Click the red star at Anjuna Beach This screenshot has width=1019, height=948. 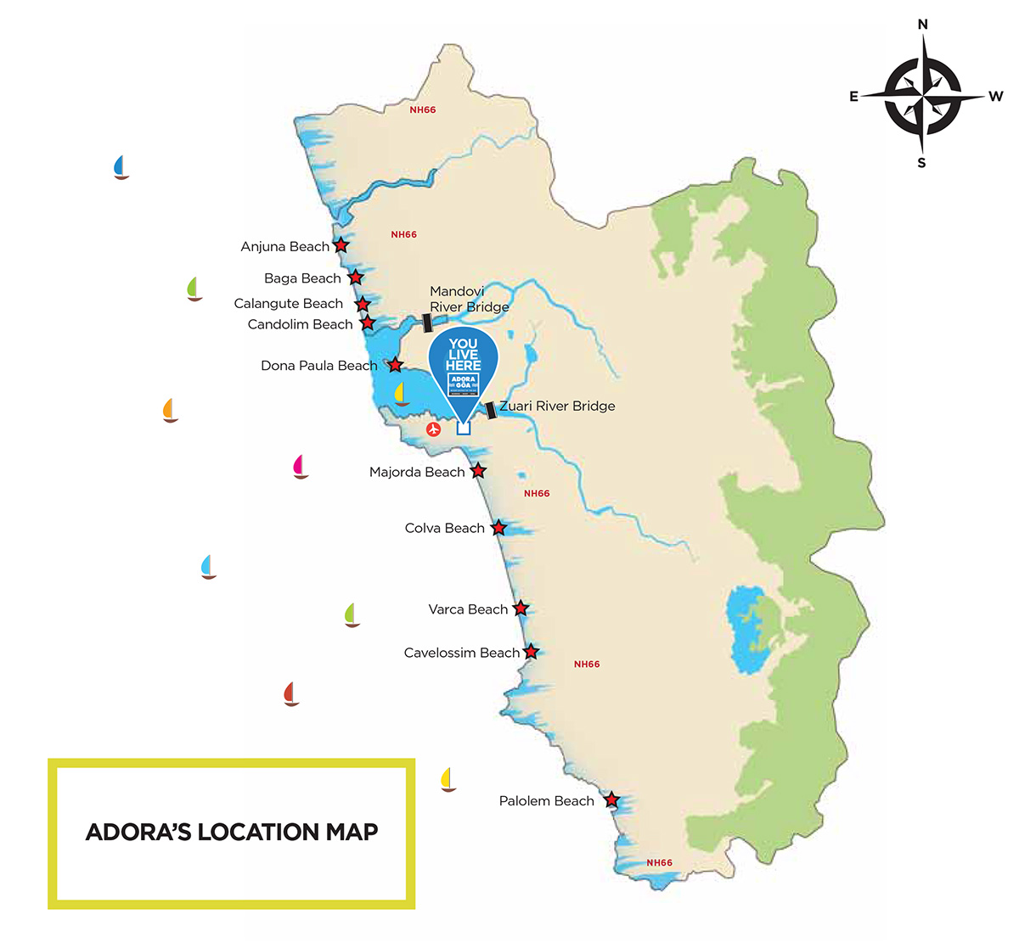341,245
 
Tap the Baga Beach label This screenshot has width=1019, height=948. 302,278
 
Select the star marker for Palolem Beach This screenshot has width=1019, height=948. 611,799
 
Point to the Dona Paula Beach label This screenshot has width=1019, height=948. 318,366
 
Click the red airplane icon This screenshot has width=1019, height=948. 434,429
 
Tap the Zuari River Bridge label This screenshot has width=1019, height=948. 557,407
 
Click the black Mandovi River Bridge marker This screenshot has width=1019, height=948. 428,323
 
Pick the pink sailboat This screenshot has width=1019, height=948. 299,467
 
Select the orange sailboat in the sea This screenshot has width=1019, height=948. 170,410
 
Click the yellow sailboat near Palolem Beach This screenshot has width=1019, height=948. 448,779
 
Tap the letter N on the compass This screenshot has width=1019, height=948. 923,25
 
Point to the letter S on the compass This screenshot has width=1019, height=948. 921,163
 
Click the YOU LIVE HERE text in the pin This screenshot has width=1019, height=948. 463,355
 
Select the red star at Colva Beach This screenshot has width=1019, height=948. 499,528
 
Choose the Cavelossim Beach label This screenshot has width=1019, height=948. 461,654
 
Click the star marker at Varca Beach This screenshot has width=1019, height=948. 521,609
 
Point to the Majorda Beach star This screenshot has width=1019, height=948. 478,470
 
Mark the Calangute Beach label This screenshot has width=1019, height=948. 289,304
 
